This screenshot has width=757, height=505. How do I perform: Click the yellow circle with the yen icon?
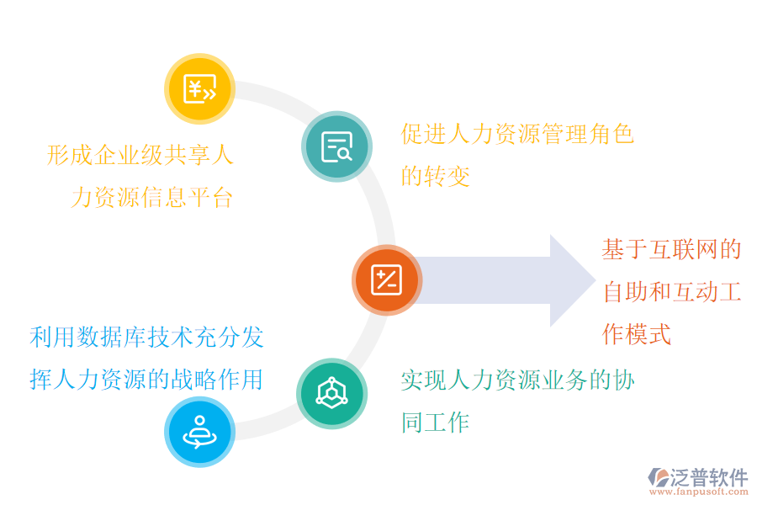pyautogui.click(x=199, y=88)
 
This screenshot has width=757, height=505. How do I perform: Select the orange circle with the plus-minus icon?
pyautogui.click(x=386, y=280)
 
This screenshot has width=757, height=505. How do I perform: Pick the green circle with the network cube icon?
pyautogui.click(x=331, y=393)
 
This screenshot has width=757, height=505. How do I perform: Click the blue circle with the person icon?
pyautogui.click(x=199, y=431)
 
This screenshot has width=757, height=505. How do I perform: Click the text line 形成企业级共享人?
pyautogui.click(x=140, y=156)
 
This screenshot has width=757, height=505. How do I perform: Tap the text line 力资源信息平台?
pyautogui.click(x=151, y=198)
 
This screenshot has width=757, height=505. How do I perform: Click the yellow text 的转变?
pyautogui.click(x=436, y=177)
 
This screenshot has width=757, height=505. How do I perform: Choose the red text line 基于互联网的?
pyautogui.click(x=671, y=250)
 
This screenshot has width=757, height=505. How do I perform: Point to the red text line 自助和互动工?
pyautogui.click(x=671, y=292)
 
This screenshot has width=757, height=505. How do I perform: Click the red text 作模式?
pyautogui.click(x=637, y=334)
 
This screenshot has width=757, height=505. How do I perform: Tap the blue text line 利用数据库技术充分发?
pyautogui.click(x=146, y=338)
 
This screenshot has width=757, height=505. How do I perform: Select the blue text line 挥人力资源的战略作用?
pyautogui.click(x=146, y=380)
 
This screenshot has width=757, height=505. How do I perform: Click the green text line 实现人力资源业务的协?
pyautogui.click(x=517, y=380)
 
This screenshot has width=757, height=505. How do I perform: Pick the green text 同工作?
pyautogui.click(x=436, y=423)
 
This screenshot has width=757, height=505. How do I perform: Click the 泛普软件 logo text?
pyautogui.click(x=708, y=477)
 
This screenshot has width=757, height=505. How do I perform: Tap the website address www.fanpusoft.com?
pyautogui.click(x=700, y=492)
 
